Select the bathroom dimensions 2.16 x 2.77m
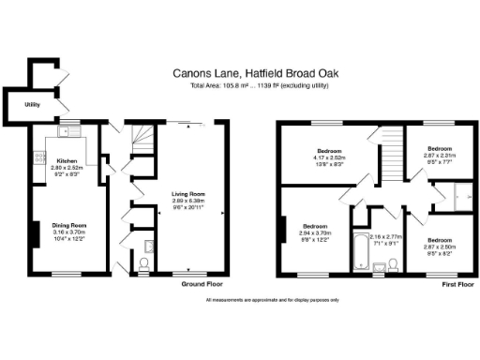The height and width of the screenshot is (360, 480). (x=384, y=237)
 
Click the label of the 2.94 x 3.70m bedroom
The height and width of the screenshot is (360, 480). (x=315, y=226)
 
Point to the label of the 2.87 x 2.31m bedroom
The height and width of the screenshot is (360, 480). (x=441, y=148)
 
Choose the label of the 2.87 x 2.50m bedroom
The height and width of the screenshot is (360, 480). (x=441, y=214)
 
